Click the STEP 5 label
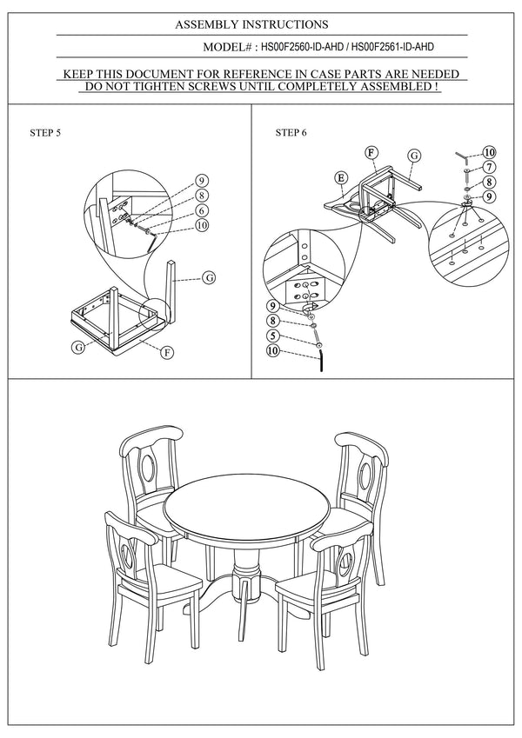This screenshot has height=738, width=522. pos(45,133)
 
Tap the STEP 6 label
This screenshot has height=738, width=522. pos(291,133)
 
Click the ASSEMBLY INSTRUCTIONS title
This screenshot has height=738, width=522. pos(251,25)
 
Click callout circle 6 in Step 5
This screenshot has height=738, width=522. pos(200,210)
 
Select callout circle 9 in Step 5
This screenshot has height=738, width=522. pos(200,181)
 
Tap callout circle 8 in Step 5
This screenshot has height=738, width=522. pos(200,196)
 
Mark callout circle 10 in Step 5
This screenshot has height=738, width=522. pos(202,225)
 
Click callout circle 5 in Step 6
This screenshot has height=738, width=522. pos(272,336)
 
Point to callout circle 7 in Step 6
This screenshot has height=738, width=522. pos(490,167)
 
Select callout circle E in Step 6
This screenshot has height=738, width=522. pos(342,177)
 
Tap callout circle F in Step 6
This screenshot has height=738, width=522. pos(371,153)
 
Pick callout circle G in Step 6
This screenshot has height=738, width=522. pos(414,155)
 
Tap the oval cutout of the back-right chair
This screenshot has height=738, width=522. pos(366,473)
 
